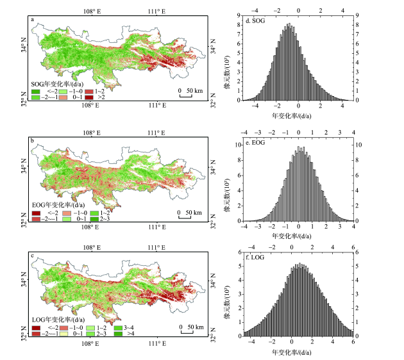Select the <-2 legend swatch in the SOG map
coord(36,92)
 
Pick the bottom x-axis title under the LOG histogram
coord(298,352)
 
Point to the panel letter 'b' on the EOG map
coord(32,141)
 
